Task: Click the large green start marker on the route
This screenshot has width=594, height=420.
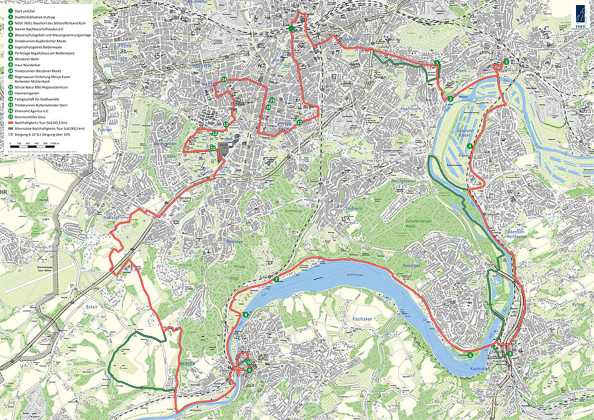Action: pyautogui.click(x=291, y=29)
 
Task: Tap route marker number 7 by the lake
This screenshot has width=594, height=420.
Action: pyautogui.click(x=276, y=280)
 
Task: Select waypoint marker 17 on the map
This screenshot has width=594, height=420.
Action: pyautogui.click(x=300, y=122)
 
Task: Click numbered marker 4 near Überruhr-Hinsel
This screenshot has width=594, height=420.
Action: pyautogui.click(x=470, y=147)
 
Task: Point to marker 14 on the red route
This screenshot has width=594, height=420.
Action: pyautogui.click(x=224, y=80)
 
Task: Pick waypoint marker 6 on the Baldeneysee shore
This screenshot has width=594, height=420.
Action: pyautogui.click(x=470, y=355)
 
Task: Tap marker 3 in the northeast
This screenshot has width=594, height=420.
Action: pyautogui.click(x=506, y=62)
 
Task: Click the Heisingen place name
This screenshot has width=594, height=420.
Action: pyautogui.click(x=411, y=265)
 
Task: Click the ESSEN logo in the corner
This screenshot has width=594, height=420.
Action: pyautogui.click(x=581, y=16)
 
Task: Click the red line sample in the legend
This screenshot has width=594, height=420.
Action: pyautogui.click(x=11, y=122)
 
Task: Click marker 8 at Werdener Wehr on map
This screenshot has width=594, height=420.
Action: pyautogui.click(x=246, y=314)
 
